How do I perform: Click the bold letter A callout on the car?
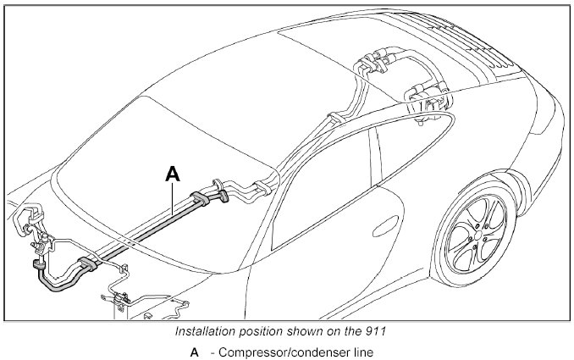pos(172,174)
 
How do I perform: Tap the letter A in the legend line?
pos(195,352)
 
